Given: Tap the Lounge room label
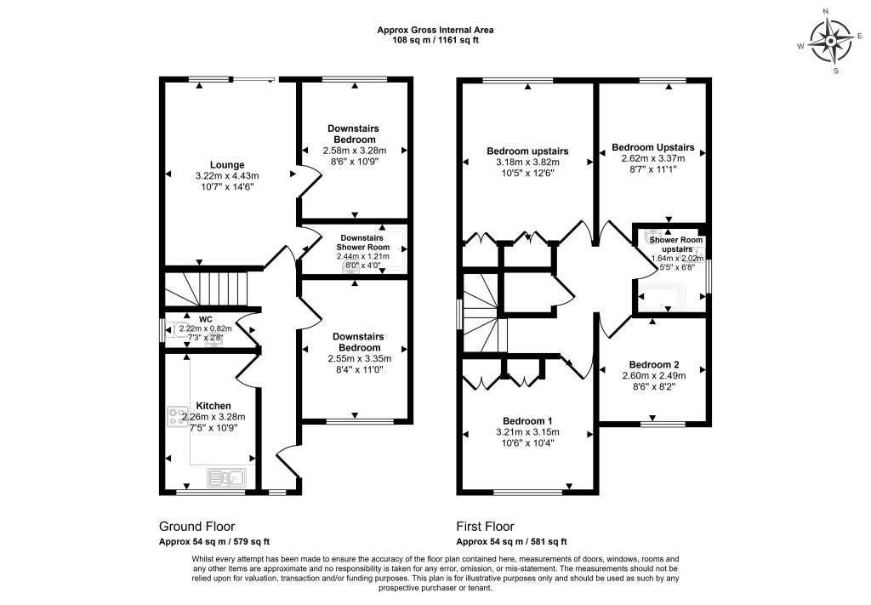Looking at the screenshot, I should point(228,165).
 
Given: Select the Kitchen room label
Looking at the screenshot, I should point(213,405).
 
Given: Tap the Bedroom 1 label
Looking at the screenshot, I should point(527,421).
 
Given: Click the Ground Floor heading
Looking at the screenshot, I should point(196,527).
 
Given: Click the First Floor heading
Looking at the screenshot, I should point(485,527).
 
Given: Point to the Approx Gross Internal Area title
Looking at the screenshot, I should point(435,30).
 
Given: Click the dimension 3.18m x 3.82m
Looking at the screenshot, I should point(527,163).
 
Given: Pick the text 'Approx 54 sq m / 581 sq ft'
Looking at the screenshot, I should point(511,541).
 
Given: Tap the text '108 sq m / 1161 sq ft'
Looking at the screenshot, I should point(435,40).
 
